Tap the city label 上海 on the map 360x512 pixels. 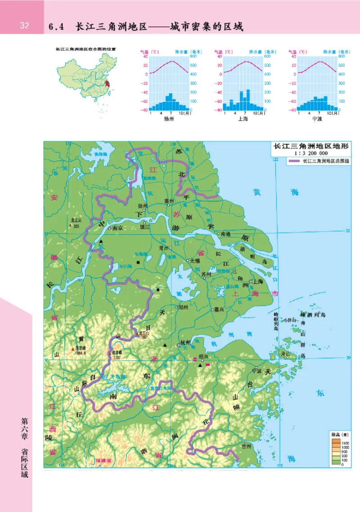[258, 281]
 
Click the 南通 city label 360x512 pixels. [225, 234]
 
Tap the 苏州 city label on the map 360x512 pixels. [207, 274]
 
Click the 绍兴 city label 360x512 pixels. [204, 357]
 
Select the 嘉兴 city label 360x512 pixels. [220, 309]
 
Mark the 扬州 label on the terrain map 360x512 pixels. [143, 206]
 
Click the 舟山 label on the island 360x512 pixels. [285, 354]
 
